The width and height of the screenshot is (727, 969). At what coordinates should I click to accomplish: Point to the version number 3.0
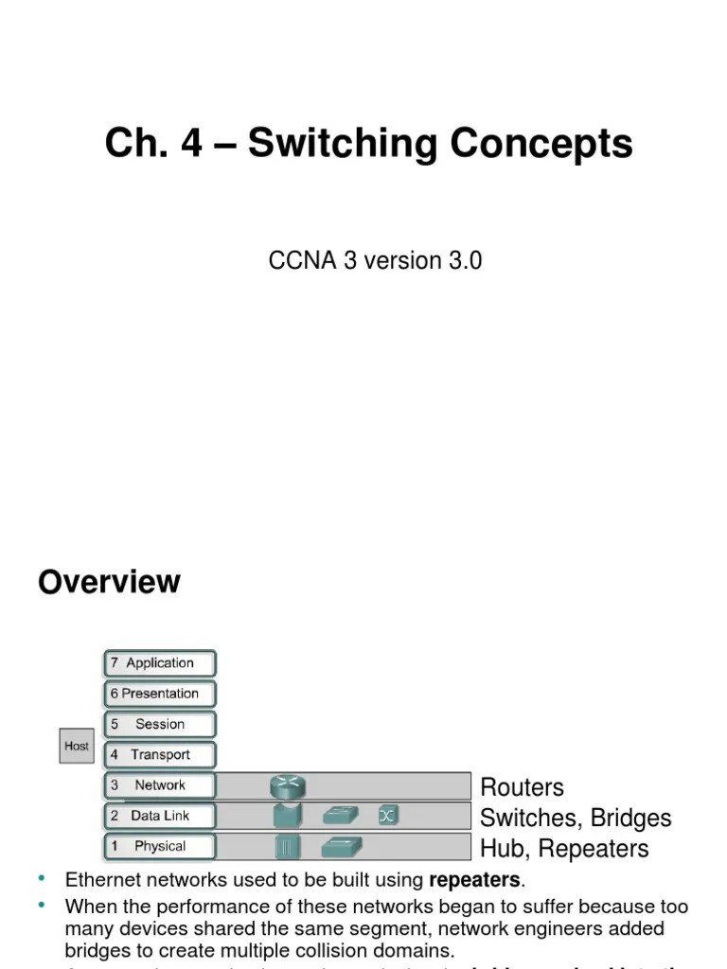pyautogui.click(x=466, y=261)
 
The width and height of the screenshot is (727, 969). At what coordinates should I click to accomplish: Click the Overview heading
pyautogui.click(x=109, y=582)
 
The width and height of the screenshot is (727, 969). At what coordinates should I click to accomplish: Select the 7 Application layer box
pyautogui.click(x=160, y=663)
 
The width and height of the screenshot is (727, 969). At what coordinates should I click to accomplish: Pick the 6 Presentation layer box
pyautogui.click(x=160, y=694)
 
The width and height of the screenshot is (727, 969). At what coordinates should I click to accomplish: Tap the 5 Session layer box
pyautogui.click(x=160, y=724)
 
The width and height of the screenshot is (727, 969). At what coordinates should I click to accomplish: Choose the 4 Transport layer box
pyautogui.click(x=160, y=755)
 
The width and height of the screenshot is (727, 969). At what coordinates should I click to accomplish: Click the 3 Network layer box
pyautogui.click(x=160, y=785)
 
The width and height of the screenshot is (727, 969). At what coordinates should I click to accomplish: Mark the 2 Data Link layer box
pyautogui.click(x=160, y=816)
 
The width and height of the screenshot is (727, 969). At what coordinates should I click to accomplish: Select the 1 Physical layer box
pyautogui.click(x=160, y=846)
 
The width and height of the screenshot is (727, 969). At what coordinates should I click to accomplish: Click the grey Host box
pyautogui.click(x=77, y=746)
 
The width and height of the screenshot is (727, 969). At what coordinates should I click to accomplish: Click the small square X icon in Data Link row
pyautogui.click(x=386, y=815)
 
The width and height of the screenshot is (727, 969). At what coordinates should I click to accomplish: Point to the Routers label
pyautogui.click(x=522, y=787)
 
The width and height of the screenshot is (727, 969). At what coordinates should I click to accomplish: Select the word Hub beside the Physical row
pyautogui.click(x=501, y=848)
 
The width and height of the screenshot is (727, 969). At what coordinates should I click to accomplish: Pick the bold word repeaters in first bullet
pyautogui.click(x=474, y=881)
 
